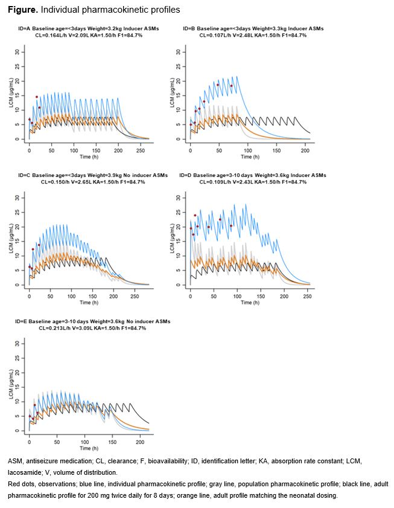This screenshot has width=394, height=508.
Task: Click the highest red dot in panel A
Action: click(x=37, y=97)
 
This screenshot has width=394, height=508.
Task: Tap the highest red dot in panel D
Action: click(x=195, y=215)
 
